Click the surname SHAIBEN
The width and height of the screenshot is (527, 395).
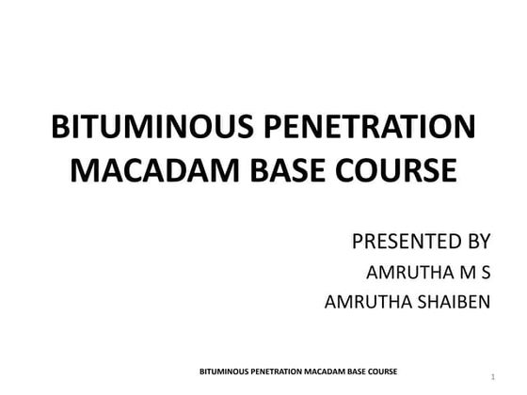click(x=451, y=303)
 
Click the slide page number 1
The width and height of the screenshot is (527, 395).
click(x=492, y=378)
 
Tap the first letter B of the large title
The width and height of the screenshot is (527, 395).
click(x=57, y=129)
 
